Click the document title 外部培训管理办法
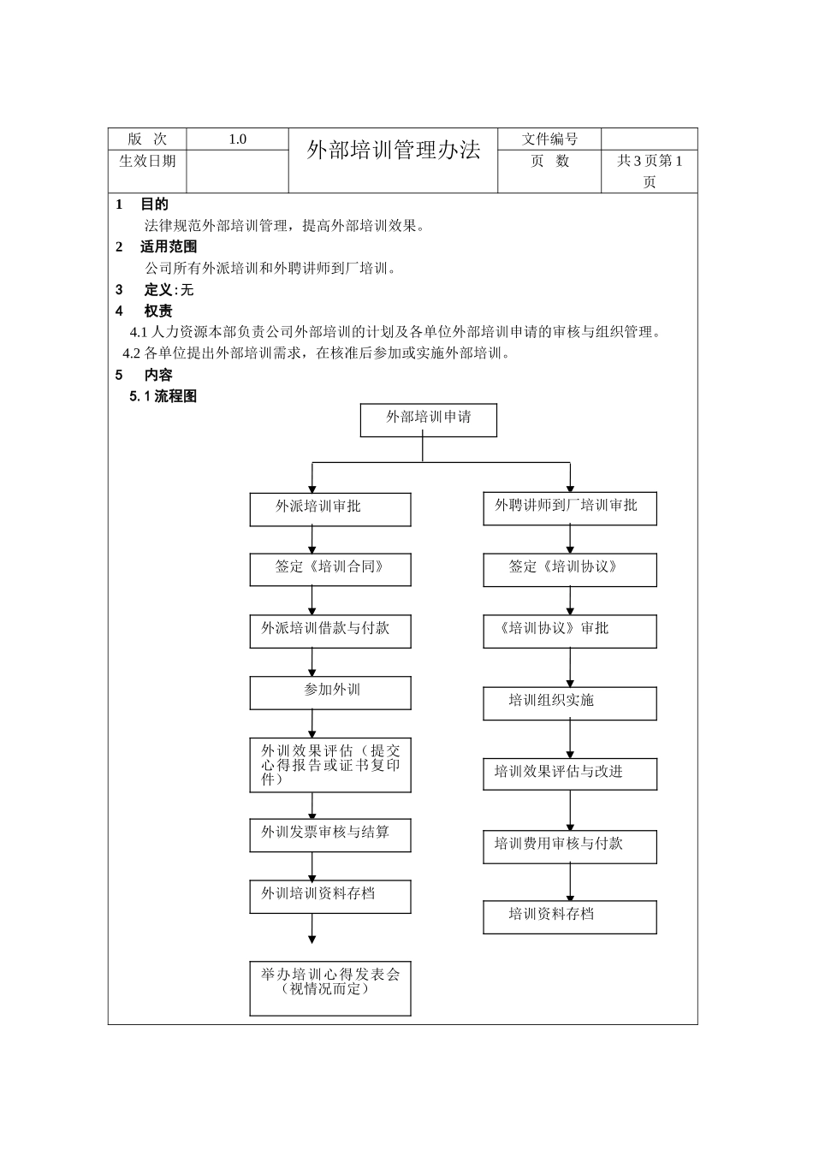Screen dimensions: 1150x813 click(394, 151)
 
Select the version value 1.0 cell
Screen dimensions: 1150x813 click(237, 139)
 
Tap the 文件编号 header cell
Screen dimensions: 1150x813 click(549, 139)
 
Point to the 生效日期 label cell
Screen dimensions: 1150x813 click(147, 162)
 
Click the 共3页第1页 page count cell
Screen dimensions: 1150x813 click(650, 171)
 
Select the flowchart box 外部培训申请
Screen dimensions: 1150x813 click(428, 420)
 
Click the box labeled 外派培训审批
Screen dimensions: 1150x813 click(330, 509)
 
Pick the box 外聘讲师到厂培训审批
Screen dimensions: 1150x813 click(569, 508)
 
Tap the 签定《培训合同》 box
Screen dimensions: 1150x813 click(330, 570)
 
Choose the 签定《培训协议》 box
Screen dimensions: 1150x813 click(569, 570)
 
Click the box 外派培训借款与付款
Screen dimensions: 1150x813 click(330, 631)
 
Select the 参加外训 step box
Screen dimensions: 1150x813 click(330, 693)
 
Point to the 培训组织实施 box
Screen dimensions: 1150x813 click(569, 703)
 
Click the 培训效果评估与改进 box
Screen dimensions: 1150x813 click(569, 774)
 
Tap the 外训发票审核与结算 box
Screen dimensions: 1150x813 click(330, 835)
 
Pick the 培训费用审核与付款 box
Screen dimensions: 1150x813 click(569, 846)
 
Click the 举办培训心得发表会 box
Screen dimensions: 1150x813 click(330, 987)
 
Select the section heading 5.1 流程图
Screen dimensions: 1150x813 click(163, 396)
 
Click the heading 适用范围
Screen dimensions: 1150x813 click(169, 246)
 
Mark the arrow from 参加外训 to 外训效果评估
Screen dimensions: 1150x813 click(312, 724)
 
